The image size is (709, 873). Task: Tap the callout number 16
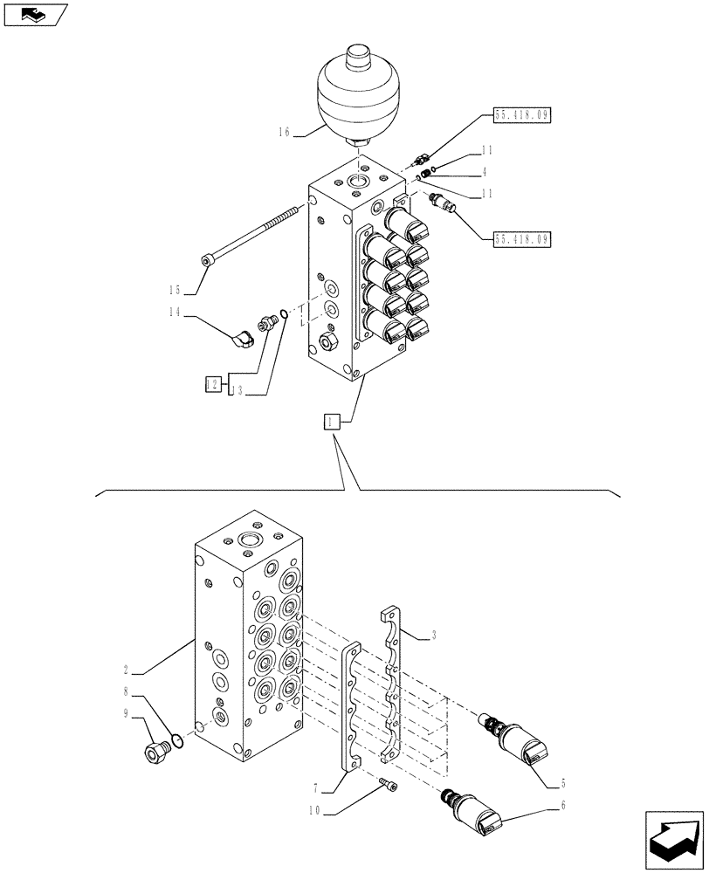tap(284, 133)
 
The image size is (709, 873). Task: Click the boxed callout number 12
tap(211, 382)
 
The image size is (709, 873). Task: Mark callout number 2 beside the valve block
tap(127, 670)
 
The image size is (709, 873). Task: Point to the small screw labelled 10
tap(388, 787)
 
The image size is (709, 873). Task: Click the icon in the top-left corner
tap(36, 15)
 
